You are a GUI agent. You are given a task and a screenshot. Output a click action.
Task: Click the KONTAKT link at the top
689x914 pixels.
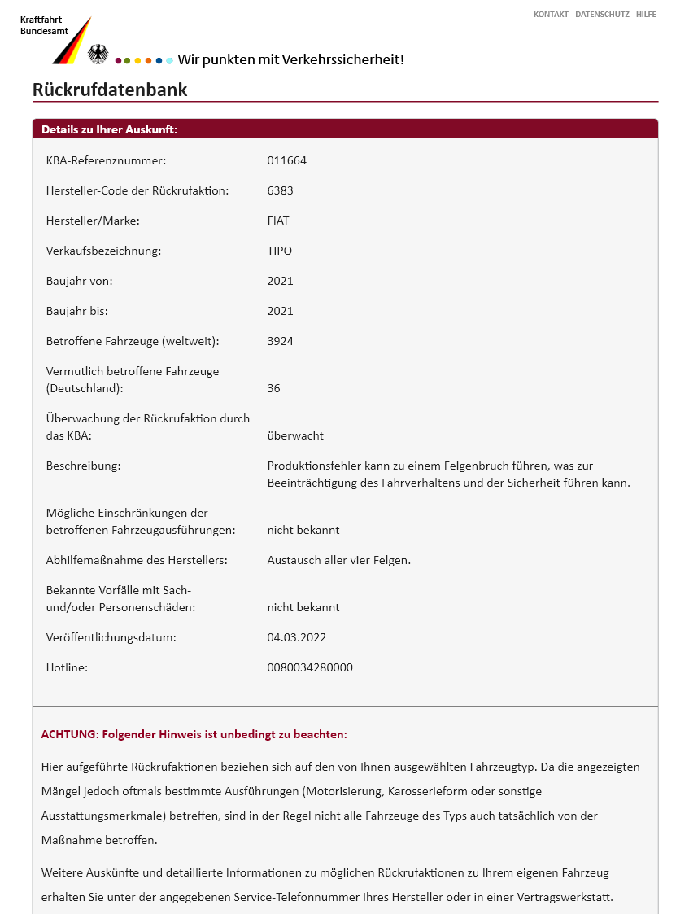click(551, 14)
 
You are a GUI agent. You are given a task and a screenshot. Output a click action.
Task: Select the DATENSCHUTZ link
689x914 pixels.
click(602, 14)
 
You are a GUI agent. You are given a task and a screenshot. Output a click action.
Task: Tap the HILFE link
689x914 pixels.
click(646, 14)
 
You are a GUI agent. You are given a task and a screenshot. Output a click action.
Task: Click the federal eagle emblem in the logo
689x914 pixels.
click(98, 55)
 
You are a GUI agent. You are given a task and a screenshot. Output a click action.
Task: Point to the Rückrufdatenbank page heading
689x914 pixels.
click(110, 90)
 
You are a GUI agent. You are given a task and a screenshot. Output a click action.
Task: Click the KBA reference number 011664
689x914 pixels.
click(286, 160)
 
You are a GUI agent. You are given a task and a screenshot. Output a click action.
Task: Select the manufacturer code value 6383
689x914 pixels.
click(280, 190)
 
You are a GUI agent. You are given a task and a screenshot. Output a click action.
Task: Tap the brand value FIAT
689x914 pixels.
click(278, 221)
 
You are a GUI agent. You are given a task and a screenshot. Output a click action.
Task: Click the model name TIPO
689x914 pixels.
click(279, 251)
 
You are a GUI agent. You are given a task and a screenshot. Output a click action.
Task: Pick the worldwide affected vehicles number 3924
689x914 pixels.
click(280, 341)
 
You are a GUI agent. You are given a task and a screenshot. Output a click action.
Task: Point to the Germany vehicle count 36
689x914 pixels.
click(273, 388)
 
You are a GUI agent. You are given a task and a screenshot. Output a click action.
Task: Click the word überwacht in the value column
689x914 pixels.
click(295, 435)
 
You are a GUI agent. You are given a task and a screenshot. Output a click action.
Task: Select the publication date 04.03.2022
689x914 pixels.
click(296, 637)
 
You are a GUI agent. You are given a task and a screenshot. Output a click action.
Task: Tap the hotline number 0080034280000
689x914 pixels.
click(310, 667)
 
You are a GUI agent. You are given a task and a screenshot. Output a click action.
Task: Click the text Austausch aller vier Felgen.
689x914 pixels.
click(338, 560)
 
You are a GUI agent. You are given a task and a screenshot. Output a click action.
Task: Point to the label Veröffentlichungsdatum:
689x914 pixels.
click(111, 637)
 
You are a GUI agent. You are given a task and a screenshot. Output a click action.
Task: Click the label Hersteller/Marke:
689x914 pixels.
click(93, 221)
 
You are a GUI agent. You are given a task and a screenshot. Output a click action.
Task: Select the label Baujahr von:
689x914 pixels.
click(79, 281)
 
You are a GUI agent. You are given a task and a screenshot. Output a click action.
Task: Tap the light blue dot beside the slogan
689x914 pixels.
click(169, 60)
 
